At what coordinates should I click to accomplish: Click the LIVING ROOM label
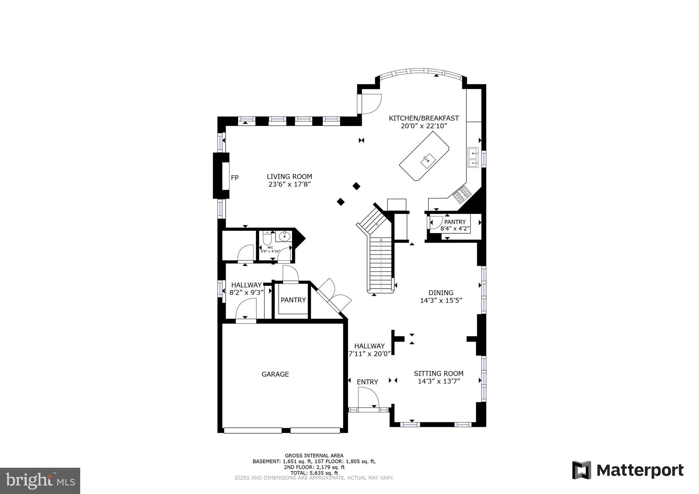coord(289,177)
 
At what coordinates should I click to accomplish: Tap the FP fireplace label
coord(234,178)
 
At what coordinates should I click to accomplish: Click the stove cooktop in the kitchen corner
coord(462,193)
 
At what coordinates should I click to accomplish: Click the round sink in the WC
coord(284,236)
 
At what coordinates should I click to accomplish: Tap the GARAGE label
coord(275,374)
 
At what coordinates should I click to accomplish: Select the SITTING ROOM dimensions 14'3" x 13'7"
coord(439,381)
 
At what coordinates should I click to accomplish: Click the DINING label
coord(441,293)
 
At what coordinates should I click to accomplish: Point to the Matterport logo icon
coord(582,470)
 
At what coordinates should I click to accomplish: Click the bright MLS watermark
coord(40,481)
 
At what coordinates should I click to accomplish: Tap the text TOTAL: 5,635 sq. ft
coord(314,473)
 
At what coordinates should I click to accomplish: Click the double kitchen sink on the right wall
coord(473,158)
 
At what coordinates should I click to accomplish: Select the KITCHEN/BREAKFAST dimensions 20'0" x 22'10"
coord(424,126)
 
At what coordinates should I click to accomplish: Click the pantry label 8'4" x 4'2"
coord(455,229)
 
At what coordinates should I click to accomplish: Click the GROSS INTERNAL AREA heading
coord(314,455)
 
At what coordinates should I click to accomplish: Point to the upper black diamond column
coord(356,186)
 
